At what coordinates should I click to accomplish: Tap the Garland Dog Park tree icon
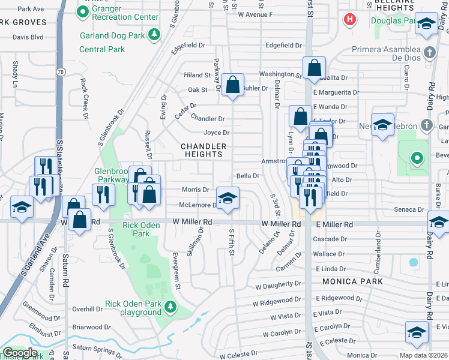click(x=155, y=35)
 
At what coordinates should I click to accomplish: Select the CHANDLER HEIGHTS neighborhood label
click(x=204, y=150)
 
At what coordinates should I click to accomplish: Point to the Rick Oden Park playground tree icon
click(x=171, y=307)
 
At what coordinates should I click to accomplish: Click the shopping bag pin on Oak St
click(x=232, y=85)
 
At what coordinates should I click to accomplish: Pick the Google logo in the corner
click(x=20, y=353)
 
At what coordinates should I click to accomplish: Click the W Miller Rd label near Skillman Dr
click(x=192, y=222)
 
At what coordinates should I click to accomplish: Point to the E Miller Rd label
click(x=332, y=224)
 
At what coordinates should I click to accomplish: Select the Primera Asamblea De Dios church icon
click(x=429, y=52)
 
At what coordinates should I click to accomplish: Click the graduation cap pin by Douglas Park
click(x=427, y=24)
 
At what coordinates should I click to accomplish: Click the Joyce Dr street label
click(x=217, y=133)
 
